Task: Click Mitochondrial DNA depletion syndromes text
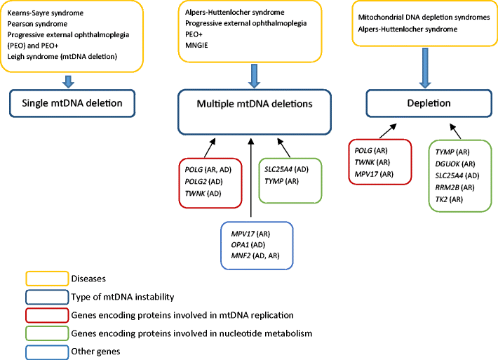tap(424, 17)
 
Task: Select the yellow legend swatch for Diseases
tap(47, 279)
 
